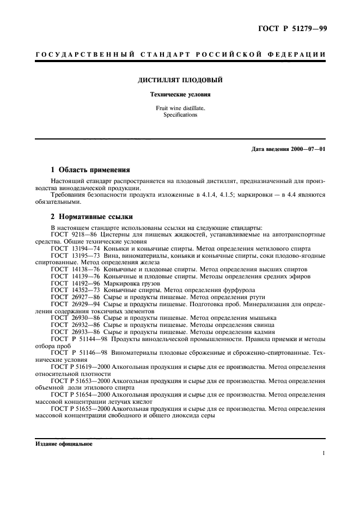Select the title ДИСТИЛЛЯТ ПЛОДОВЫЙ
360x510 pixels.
(179, 81)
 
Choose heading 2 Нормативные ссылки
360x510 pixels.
(90, 217)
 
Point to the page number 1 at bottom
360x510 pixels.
(324, 453)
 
